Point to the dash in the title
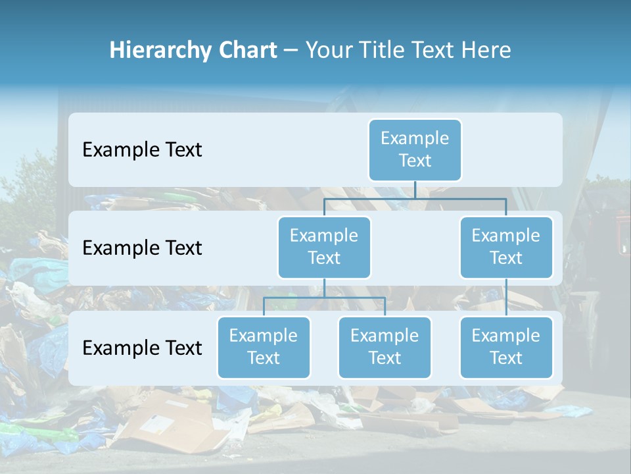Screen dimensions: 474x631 tap(291, 51)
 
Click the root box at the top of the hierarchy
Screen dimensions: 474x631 tap(415, 149)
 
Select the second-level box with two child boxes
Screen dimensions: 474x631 tap(324, 247)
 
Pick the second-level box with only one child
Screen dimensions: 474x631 tap(506, 247)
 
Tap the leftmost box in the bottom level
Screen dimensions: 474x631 tap(264, 347)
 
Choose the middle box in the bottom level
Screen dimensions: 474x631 tap(385, 347)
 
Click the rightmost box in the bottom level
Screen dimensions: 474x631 tap(506, 347)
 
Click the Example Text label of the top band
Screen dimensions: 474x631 tap(142, 150)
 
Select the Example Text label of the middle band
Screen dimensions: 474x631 tap(142, 248)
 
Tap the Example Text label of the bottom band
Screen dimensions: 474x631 tap(142, 348)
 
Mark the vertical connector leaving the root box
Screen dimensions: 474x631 tap(415, 190)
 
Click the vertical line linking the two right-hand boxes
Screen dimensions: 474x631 tap(506, 298)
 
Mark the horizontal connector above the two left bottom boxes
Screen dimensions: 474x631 tap(324, 298)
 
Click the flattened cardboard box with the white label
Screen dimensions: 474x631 tap(164, 425)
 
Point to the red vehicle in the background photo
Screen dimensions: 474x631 tap(620, 234)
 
